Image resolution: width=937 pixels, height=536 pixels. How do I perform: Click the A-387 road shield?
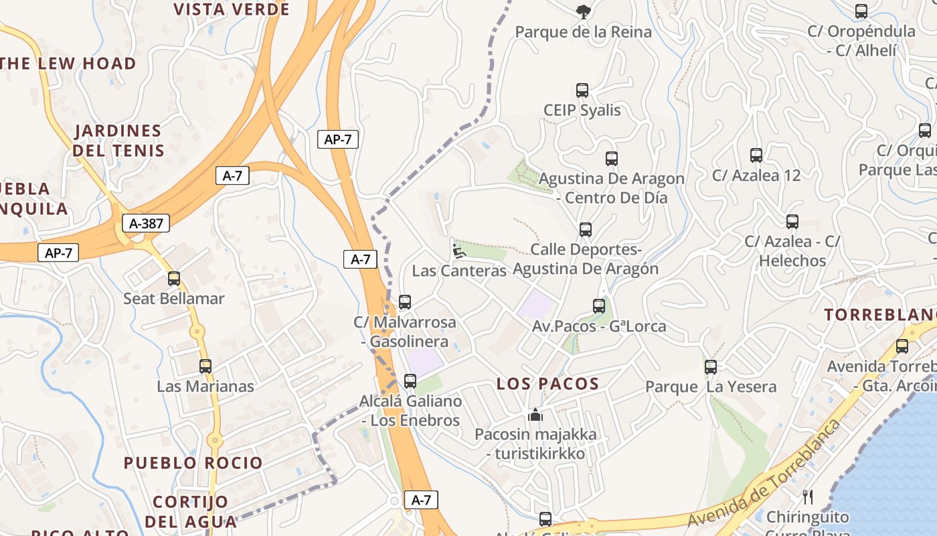click(145, 223)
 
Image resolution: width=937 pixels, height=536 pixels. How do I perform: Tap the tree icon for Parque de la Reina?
click(583, 11)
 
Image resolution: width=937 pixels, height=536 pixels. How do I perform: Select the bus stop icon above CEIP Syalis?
click(582, 90)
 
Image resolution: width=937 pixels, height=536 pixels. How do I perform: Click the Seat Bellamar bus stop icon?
click(174, 279)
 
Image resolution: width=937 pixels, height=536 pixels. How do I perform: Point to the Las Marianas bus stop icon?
click(205, 366)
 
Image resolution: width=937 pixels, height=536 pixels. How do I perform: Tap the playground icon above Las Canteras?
click(458, 251)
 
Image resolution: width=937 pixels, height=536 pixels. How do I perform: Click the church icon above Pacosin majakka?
click(535, 415)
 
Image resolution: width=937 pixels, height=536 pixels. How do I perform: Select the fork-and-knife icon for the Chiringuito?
click(808, 497)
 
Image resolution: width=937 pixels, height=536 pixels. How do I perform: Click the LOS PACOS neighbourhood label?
click(547, 384)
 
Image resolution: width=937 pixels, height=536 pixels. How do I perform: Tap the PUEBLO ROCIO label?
click(193, 463)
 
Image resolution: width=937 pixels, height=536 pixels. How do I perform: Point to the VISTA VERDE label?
click(232, 9)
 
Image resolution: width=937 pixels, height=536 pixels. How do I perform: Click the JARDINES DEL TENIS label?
click(118, 140)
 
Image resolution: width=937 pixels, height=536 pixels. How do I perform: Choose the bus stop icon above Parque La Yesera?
click(711, 367)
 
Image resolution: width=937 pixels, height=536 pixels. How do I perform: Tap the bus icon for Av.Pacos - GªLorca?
click(599, 306)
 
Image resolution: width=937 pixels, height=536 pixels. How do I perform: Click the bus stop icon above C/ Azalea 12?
click(756, 155)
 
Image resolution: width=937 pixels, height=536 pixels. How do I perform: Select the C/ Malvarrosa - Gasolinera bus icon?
click(405, 302)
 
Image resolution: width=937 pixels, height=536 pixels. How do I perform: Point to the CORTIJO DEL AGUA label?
click(191, 511)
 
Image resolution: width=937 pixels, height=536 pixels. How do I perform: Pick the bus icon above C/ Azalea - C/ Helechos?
click(792, 221)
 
